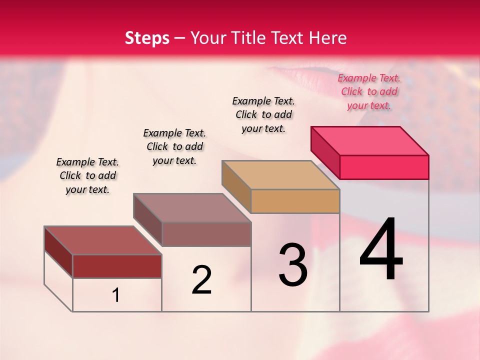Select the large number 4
(x=381, y=249)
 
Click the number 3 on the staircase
(x=293, y=265)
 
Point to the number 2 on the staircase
(x=202, y=280)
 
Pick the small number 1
(x=116, y=295)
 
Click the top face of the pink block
(x=370, y=140)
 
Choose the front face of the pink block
(x=384, y=167)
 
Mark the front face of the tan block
(x=295, y=201)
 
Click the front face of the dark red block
(x=117, y=266)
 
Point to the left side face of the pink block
(x=325, y=152)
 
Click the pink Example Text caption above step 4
(x=369, y=92)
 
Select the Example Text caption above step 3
(x=263, y=114)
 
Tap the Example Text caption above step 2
(x=174, y=146)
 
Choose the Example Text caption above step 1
(x=87, y=175)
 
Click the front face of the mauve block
(x=206, y=234)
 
